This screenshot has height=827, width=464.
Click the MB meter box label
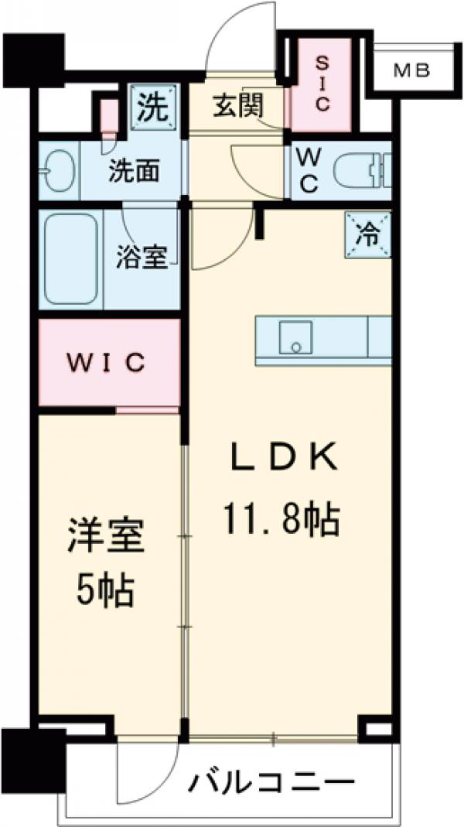[411, 71]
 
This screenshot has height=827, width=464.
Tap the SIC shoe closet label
[322, 82]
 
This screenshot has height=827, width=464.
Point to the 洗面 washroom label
[134, 170]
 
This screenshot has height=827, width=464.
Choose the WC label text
[308, 171]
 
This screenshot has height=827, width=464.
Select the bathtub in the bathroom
[70, 259]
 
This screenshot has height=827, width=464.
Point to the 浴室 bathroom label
[142, 258]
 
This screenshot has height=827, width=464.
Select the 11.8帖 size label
[281, 520]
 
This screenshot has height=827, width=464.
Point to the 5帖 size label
[106, 592]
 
